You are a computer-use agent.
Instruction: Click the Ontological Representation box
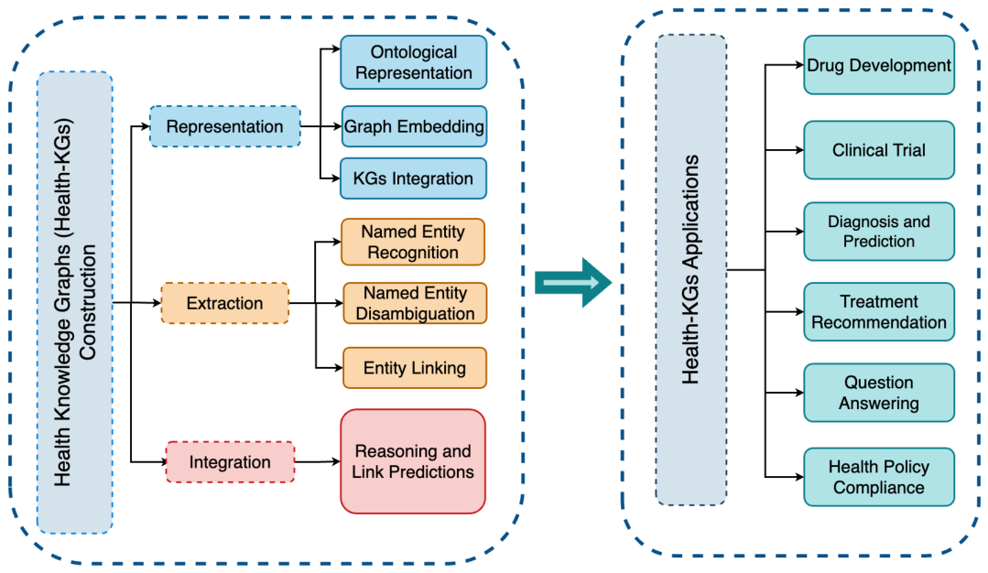413,62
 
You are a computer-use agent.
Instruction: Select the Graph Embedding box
414,126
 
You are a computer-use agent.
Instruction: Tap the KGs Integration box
413,178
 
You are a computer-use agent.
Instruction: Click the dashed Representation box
225,126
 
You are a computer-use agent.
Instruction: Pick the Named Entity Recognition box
413,242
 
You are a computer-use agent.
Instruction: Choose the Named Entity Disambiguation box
415,304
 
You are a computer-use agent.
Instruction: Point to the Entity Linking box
415,368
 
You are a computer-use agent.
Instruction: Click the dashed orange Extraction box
225,304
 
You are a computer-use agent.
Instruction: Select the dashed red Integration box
230,462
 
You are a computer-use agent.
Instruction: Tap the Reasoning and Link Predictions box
413,461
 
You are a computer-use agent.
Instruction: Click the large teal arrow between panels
573,283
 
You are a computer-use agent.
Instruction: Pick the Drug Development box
879,65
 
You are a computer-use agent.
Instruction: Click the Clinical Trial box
879,150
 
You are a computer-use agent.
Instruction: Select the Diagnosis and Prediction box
879,231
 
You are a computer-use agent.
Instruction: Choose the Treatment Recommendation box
879,312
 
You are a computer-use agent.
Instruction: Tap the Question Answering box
879,393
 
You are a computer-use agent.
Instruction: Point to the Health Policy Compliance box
879,477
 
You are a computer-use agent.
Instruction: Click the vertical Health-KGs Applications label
690,269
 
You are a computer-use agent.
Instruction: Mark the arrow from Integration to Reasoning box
318,462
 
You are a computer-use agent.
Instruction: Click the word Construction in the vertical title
87,302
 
